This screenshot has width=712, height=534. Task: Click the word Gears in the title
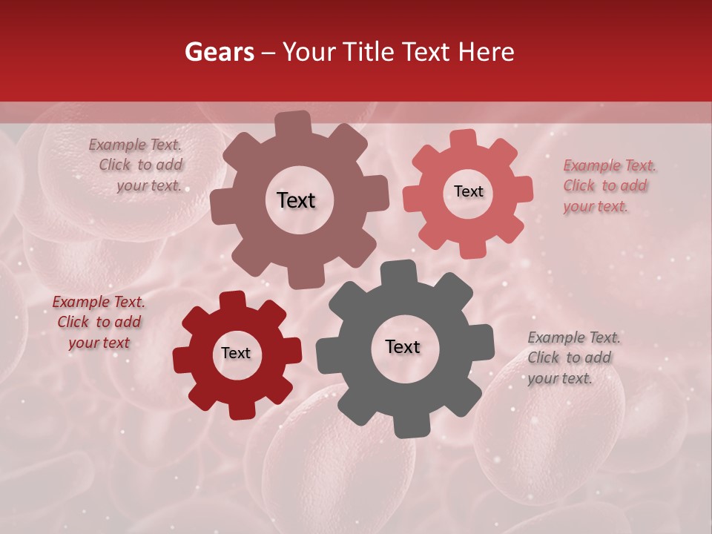click(219, 52)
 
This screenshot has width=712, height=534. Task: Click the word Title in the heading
click(369, 52)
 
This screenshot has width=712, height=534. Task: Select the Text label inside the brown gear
click(296, 200)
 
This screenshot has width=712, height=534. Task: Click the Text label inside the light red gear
click(468, 191)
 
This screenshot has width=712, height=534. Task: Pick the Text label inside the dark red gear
click(236, 353)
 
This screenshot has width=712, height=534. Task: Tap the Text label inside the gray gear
click(403, 346)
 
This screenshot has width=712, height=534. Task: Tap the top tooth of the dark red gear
click(233, 300)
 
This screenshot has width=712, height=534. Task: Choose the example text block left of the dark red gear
click(99, 322)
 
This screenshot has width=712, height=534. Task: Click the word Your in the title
click(307, 52)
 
